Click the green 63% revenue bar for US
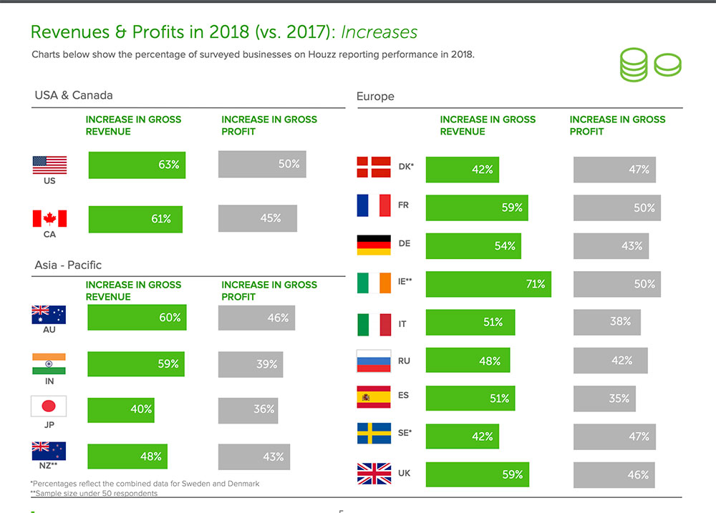137,165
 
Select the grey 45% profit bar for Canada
258,218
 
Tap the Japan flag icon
49,406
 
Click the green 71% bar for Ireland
488,284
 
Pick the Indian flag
49,363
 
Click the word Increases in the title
379,32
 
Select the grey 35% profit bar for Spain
604,399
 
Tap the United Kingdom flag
374,474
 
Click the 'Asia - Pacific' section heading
68,265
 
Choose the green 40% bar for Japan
121,410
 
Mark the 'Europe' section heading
375,96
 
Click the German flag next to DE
374,245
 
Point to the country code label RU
404,361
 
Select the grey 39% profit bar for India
251,364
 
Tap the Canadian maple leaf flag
49,218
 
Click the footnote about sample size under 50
94,493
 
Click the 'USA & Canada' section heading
74,94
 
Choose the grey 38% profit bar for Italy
607,322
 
